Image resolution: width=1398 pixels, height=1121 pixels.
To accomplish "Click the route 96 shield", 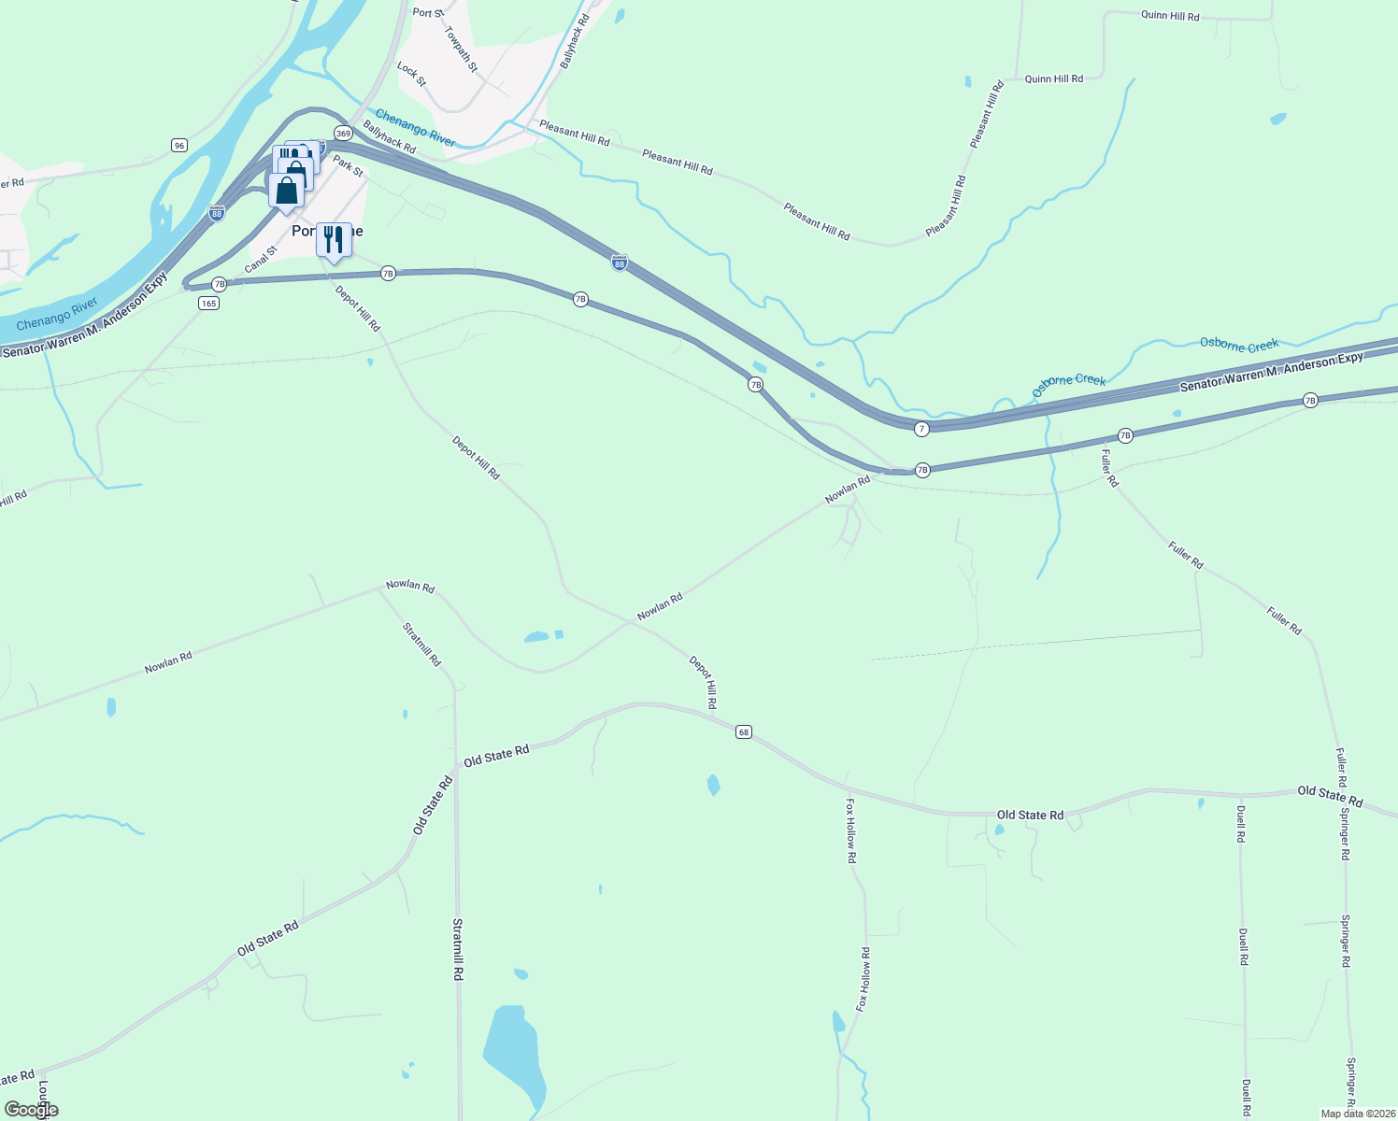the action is point(179,145).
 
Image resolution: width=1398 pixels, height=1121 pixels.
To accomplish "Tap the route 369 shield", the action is point(343,134).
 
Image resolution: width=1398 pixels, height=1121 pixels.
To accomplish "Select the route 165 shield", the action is point(208,303).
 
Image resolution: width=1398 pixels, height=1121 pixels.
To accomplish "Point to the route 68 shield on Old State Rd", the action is point(743,731).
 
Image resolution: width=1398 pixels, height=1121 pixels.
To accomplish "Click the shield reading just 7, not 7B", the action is point(921,429).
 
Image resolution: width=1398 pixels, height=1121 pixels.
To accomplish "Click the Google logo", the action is point(32,1109).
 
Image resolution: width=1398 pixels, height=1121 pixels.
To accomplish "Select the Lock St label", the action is point(411,75).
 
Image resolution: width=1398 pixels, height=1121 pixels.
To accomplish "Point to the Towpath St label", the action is point(461,50).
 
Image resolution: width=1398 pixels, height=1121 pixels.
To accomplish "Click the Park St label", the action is point(349,165).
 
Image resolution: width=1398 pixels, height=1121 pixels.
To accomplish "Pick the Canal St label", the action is point(262,260).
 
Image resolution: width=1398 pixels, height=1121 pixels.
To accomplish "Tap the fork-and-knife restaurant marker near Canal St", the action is point(334,240).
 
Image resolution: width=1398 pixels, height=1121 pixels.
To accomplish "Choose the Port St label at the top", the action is point(428,12).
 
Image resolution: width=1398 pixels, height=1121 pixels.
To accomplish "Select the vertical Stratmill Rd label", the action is point(458,948).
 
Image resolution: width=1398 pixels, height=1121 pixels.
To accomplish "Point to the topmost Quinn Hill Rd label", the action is point(1170,16).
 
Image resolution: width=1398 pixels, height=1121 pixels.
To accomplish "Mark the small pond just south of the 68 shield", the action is point(714,785).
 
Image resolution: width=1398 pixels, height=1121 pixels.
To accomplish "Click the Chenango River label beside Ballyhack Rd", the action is point(415,128).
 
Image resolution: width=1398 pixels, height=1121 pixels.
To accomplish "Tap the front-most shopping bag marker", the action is point(287,191).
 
